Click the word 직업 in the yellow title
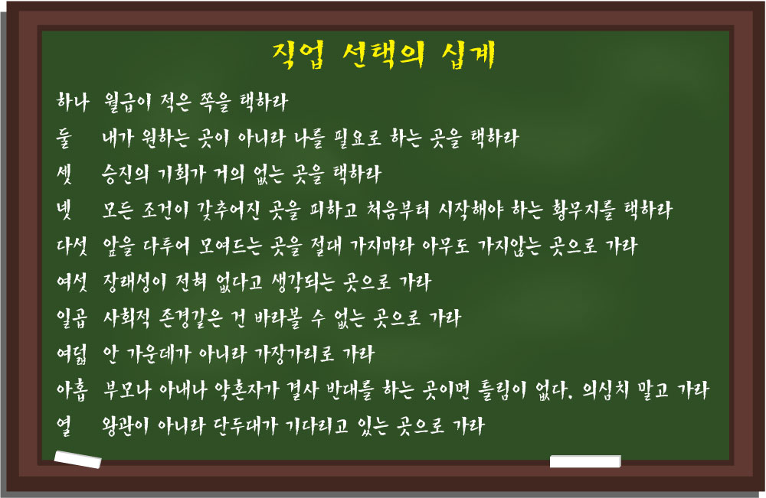tap(297, 55)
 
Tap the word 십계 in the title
tap(468, 55)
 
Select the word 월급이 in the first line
tap(127, 103)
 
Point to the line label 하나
tap(72, 102)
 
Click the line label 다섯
tap(72, 246)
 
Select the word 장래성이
tap(134, 282)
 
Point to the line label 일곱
tap(72, 318)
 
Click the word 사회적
tap(126, 318)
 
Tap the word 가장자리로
tap(295, 354)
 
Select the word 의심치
tap(605, 390)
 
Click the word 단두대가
tap(246, 426)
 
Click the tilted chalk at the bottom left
tap(77, 460)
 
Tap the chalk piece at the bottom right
tap(585, 461)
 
